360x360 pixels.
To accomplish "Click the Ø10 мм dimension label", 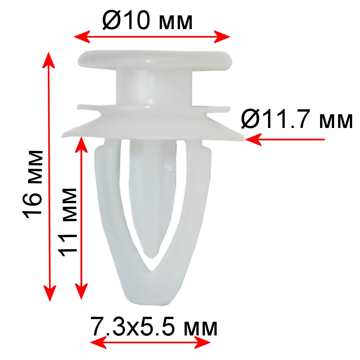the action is click(x=147, y=21).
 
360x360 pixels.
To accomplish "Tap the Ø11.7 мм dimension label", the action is click(x=297, y=119).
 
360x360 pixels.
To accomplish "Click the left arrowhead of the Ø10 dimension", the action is click(x=81, y=37).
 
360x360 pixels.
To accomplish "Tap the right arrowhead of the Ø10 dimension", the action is click(x=222, y=37).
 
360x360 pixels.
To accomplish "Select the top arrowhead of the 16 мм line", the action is click(x=48, y=60).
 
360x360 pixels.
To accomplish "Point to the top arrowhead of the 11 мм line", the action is click(x=81, y=144).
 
